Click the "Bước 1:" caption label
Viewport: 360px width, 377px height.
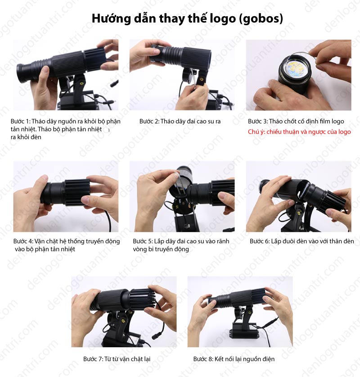20,121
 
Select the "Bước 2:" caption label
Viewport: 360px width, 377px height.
149,121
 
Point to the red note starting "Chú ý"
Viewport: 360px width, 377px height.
299,132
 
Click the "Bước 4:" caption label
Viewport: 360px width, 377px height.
23,241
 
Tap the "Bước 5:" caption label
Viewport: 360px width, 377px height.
143,241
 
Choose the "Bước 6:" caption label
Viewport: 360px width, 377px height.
260,241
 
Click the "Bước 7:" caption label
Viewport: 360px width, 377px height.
93,359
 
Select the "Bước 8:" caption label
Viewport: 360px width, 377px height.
203,359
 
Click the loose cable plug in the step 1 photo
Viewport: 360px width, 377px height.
114,83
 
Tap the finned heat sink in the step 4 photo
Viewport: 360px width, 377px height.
77,192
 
